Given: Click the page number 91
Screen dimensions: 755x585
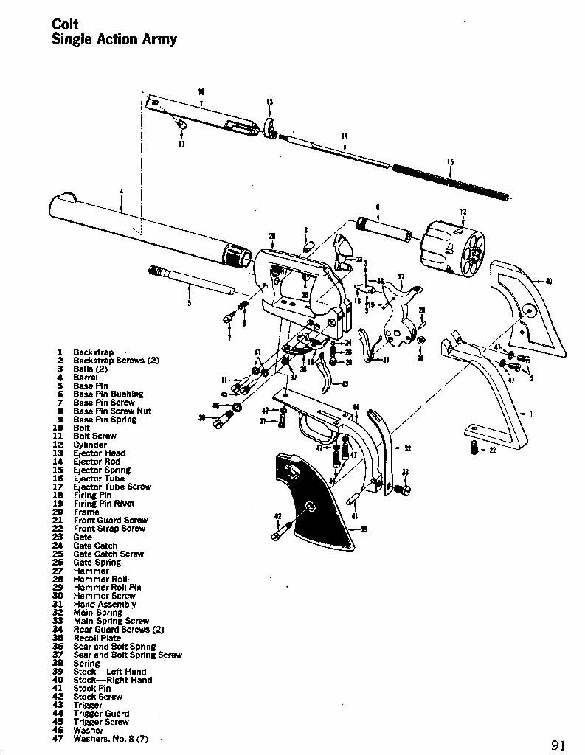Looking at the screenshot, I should tap(558, 744).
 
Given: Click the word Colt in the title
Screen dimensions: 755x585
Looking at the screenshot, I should tap(65, 24).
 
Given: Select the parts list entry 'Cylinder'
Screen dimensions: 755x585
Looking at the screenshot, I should tap(90, 445).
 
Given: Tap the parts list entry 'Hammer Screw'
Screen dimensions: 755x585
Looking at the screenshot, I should tap(104, 596).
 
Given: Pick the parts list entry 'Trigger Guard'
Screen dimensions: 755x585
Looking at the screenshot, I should tap(101, 714).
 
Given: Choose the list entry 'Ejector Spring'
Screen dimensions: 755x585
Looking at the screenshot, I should tap(102, 470).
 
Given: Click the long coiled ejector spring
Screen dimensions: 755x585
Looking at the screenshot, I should tap(450, 181).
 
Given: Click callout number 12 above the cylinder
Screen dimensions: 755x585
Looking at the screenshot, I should tap(463, 212).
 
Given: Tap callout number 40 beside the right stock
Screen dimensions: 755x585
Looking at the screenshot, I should tap(549, 280).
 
